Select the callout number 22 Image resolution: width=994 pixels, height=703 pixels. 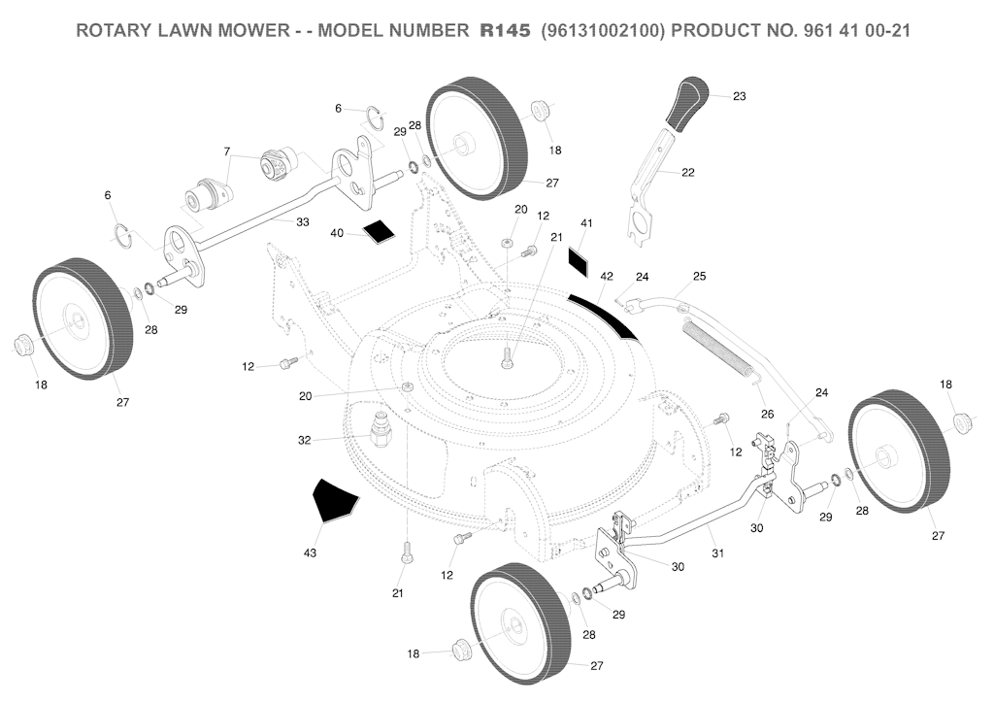[687, 173]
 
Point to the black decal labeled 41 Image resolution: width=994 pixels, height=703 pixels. [579, 260]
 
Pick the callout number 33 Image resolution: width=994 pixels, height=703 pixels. [302, 222]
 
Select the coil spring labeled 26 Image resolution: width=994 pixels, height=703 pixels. [721, 345]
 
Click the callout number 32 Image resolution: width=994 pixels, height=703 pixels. [305, 441]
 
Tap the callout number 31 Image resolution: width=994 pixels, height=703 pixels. [717, 553]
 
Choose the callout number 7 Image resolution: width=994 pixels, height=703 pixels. [227, 151]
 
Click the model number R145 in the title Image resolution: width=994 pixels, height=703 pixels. [505, 30]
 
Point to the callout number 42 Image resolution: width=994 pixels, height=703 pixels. [607, 277]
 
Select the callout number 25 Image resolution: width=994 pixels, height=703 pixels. [699, 277]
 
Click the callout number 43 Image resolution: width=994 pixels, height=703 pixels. [310, 553]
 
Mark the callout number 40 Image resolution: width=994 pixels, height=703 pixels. [337, 233]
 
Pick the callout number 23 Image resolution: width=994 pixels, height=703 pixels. [739, 96]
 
